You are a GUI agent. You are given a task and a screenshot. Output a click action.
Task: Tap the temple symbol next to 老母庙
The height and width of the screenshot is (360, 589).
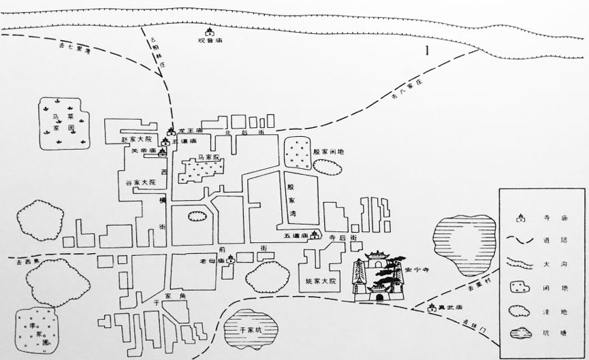[x=231, y=259]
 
